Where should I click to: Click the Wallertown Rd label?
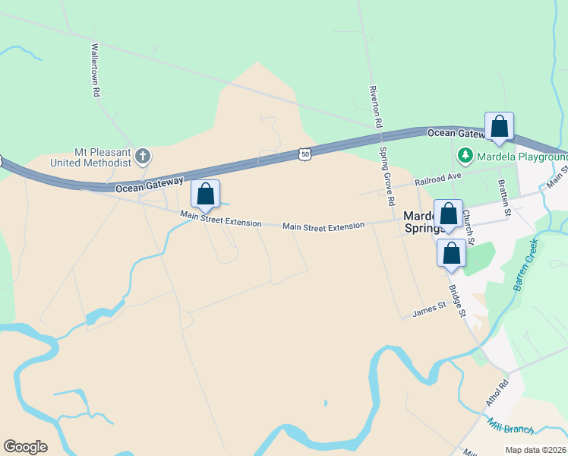pyautogui.click(x=96, y=69)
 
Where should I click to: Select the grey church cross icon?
pyautogui.click(x=143, y=157)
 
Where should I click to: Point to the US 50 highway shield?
pyautogui.click(x=305, y=154)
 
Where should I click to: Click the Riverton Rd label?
pyautogui.click(x=375, y=106)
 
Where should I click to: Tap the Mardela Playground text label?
pyautogui.click(x=522, y=157)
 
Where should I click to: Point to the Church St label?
pyautogui.click(x=468, y=227)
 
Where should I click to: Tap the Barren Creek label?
pyautogui.click(x=525, y=264)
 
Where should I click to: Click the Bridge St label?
pyautogui.click(x=456, y=301)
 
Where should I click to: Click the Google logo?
pyautogui.click(x=25, y=446)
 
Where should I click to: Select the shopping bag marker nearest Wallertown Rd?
pyautogui.click(x=205, y=195)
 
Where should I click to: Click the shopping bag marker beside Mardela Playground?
pyautogui.click(x=499, y=127)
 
